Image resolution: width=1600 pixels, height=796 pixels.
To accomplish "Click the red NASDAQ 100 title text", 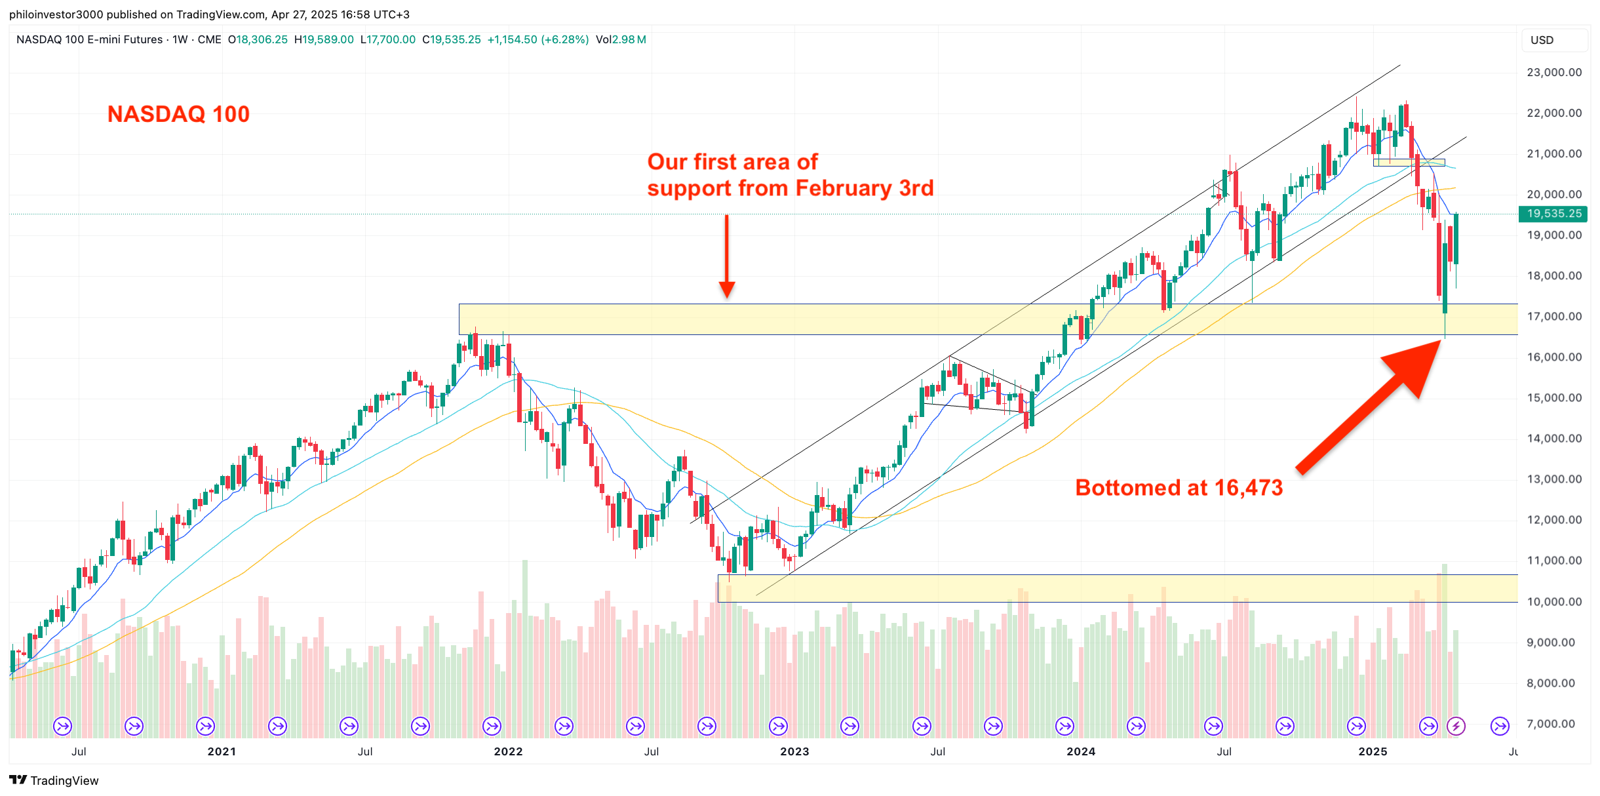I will point(178,114).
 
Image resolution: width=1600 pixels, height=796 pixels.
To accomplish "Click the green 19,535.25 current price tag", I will point(1553,214).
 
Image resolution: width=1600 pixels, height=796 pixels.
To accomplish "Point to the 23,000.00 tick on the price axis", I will point(1553,72).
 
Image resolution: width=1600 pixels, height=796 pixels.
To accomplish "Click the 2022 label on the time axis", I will point(508,751).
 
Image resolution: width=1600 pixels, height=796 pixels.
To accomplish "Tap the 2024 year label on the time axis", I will point(1080,751).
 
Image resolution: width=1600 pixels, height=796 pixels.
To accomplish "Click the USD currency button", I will point(1542,40).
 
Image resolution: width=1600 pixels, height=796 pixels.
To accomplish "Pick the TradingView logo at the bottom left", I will point(54,780).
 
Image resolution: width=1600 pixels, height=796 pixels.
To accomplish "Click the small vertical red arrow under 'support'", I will point(726,256).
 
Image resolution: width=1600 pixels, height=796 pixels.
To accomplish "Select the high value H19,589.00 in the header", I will point(324,39).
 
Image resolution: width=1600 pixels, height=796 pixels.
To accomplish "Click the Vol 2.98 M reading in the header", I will point(621,39).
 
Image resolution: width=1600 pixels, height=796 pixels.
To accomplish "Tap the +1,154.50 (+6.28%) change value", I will point(537,39).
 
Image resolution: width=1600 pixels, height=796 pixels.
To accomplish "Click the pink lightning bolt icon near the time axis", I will point(1456,726).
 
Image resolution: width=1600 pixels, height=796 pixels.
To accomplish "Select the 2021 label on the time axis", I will point(222,751).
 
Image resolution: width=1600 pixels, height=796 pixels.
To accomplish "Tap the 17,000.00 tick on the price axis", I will point(1553,316).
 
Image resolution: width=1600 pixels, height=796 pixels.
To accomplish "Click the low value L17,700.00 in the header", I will point(388,39).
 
